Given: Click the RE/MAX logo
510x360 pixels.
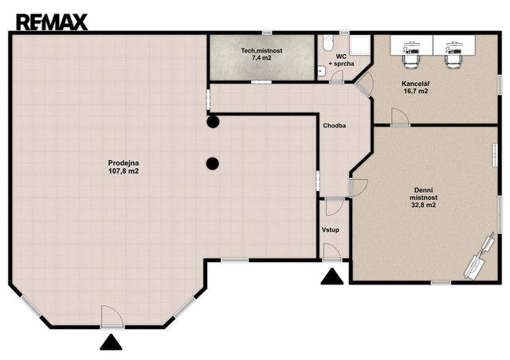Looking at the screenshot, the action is pyautogui.click(x=52, y=22).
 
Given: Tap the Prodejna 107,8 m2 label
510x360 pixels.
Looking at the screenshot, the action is pyautogui.click(x=124, y=166).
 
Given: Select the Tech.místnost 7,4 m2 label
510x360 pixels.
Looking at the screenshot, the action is pyautogui.click(x=261, y=54).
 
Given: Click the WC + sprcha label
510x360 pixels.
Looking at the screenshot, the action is pyautogui.click(x=341, y=61).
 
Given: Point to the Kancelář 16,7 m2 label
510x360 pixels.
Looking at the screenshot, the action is pyautogui.click(x=416, y=88).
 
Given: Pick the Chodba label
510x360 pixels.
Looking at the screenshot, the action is pyautogui.click(x=335, y=126).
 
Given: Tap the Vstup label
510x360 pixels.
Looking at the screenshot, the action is pyautogui.click(x=331, y=230).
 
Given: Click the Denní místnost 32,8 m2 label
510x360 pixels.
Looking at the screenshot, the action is pyautogui.click(x=423, y=198).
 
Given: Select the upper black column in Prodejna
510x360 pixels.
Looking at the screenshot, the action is pyautogui.click(x=213, y=122).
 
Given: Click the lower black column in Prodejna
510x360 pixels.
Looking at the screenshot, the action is pyautogui.click(x=213, y=163).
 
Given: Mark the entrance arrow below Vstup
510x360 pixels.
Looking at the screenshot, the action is pyautogui.click(x=332, y=277).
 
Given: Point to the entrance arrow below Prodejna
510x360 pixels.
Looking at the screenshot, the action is pyautogui.click(x=111, y=342).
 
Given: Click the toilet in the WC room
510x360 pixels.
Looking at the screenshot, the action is pyautogui.click(x=328, y=42).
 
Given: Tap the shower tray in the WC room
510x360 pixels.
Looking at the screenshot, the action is pyautogui.click(x=359, y=45).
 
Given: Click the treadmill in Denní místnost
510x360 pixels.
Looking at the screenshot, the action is pyautogui.click(x=480, y=257).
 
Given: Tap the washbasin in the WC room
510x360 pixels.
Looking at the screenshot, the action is pyautogui.click(x=321, y=71).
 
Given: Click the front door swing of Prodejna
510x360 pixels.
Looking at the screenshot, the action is pyautogui.click(x=112, y=316).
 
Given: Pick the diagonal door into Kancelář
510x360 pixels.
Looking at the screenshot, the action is pyautogui.click(x=365, y=84).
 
